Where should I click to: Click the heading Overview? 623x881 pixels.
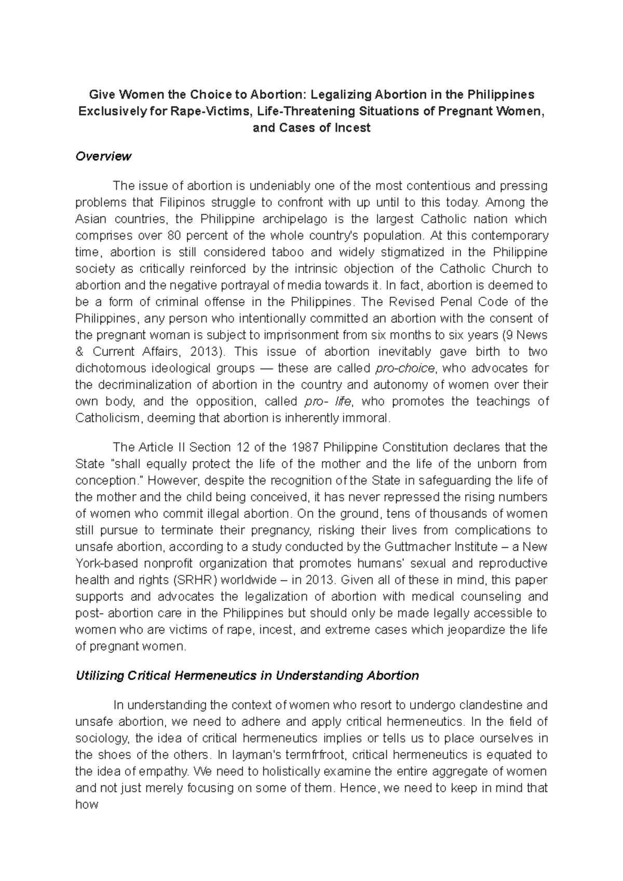click(x=103, y=156)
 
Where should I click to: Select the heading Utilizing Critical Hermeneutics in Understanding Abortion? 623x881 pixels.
click(x=247, y=676)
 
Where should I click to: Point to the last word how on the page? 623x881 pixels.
click(x=87, y=804)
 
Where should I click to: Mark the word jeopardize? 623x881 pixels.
click(x=472, y=630)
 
